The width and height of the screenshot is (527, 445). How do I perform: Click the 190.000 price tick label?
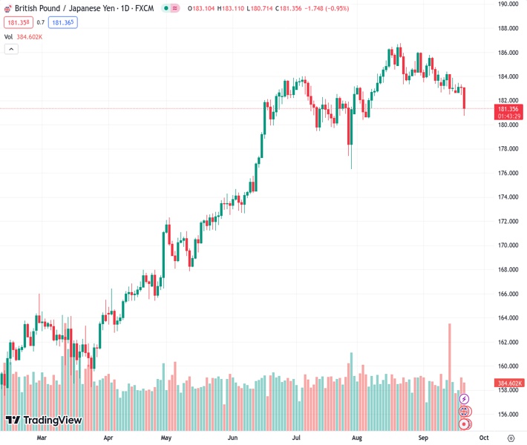tap(508, 4)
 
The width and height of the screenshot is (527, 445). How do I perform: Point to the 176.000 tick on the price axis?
tap(508, 173)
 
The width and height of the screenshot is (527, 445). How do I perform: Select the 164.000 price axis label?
tap(508, 318)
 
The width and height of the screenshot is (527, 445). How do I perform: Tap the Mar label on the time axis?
tap(42, 438)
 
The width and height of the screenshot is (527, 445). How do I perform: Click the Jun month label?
tap(233, 438)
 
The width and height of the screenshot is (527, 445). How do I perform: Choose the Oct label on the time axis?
tap(482, 438)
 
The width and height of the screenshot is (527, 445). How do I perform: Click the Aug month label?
tap(357, 438)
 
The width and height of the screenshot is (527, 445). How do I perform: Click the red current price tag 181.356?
tap(508, 109)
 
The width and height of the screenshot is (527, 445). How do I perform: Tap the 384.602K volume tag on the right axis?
tap(508, 383)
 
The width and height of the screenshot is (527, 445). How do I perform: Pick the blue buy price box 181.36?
tap(63, 22)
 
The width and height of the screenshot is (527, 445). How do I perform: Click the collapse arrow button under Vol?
tap(10, 49)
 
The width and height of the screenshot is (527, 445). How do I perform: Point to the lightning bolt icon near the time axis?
tap(465, 399)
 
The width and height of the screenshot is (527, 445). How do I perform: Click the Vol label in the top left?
tap(8, 36)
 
